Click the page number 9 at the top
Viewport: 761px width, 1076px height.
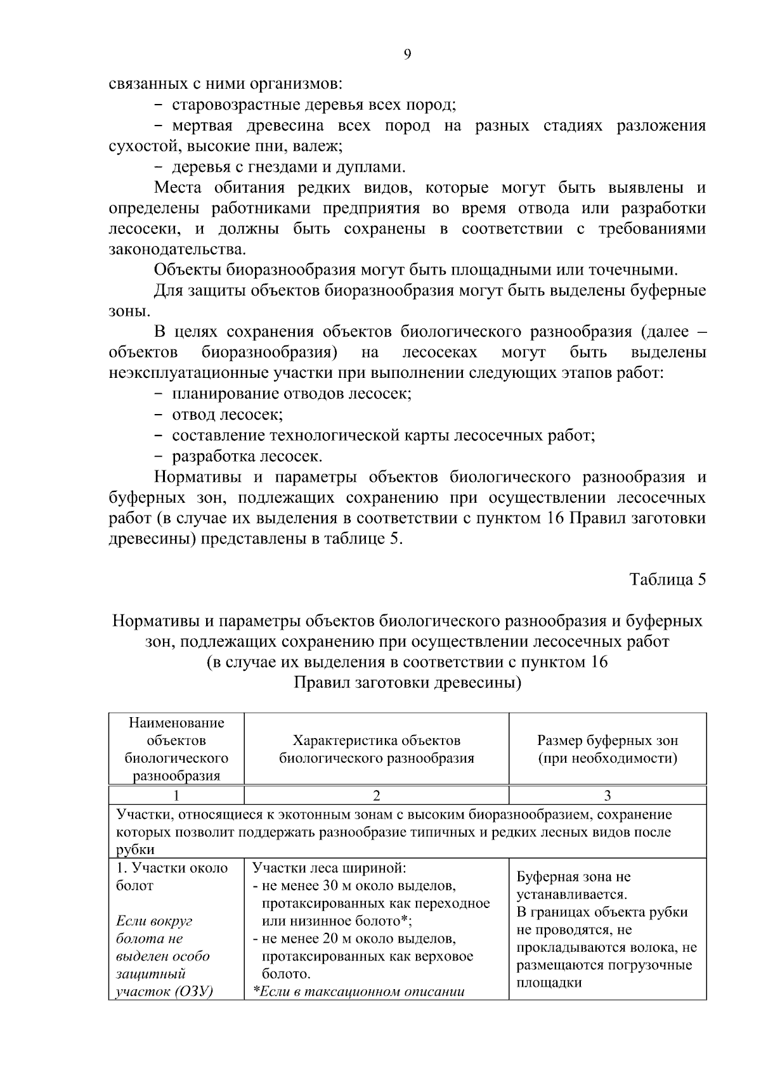(x=407, y=55)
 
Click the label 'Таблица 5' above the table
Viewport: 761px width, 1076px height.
(x=667, y=580)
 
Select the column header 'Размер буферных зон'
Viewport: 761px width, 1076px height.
(x=607, y=741)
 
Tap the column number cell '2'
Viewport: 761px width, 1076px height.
(x=376, y=796)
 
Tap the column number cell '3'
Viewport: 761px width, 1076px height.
(x=607, y=796)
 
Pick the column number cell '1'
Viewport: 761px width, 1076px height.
(x=176, y=796)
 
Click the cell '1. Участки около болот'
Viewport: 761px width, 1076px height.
(x=172, y=877)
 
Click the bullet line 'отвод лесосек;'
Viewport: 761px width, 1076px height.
(x=227, y=415)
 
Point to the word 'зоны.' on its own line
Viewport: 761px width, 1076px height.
(x=129, y=311)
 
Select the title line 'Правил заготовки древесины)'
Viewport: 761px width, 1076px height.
(x=407, y=683)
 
